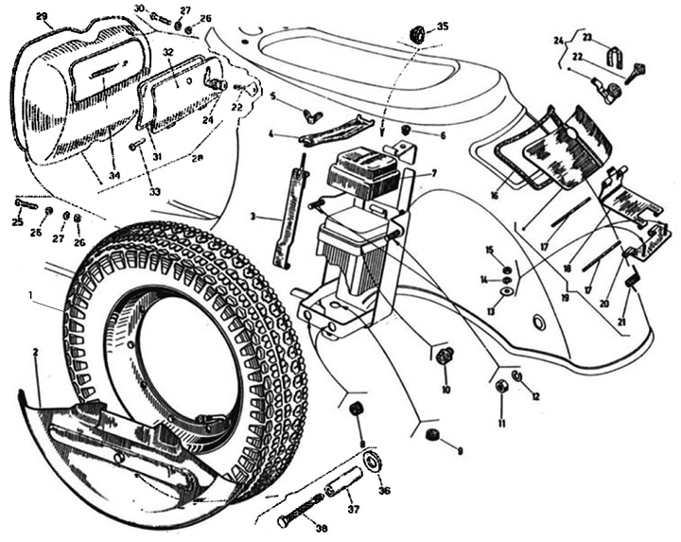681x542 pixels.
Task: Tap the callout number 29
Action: [41, 17]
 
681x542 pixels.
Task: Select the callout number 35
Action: [443, 26]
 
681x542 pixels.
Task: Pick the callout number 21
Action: [621, 323]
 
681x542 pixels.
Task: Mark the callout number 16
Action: [494, 197]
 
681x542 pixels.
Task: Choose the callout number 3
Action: [253, 217]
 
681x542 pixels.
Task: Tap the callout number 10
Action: [445, 389]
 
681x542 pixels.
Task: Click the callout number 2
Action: [35, 352]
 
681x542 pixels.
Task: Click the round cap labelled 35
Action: [416, 34]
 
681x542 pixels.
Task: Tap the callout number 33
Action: [154, 192]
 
